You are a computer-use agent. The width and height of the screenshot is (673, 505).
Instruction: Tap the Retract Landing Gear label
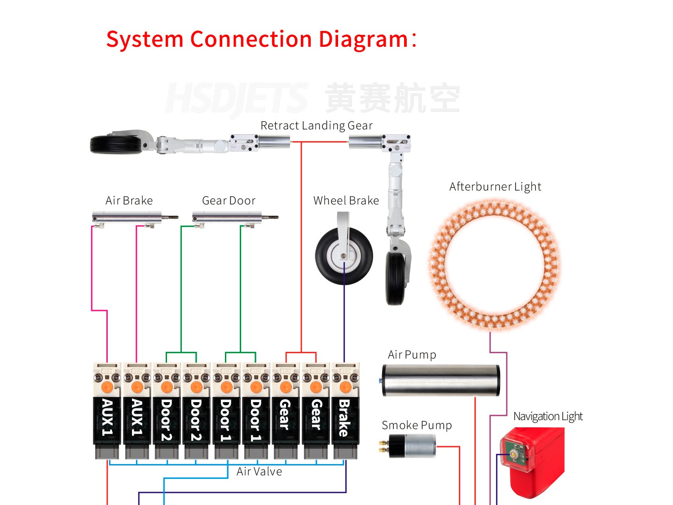(316, 125)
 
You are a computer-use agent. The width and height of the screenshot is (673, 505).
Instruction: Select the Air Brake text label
(129, 200)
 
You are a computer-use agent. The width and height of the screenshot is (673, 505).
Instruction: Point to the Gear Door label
(229, 200)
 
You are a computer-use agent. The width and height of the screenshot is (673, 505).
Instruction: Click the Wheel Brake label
(346, 200)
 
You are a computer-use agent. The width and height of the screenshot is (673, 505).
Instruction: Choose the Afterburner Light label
(495, 186)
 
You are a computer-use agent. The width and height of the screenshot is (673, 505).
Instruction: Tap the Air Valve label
(259, 471)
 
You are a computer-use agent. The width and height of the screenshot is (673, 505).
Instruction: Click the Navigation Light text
(548, 416)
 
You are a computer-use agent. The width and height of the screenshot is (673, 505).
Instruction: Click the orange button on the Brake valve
(345, 387)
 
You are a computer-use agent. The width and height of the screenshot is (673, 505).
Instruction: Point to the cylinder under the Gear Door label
(228, 218)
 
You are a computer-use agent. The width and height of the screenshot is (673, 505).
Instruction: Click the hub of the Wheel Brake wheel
(343, 256)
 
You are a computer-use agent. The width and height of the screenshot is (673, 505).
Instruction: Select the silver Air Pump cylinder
(440, 380)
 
